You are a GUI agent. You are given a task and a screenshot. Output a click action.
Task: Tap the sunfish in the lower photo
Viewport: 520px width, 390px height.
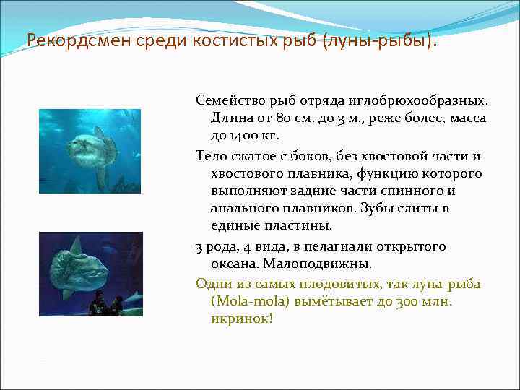pos(80,269)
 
